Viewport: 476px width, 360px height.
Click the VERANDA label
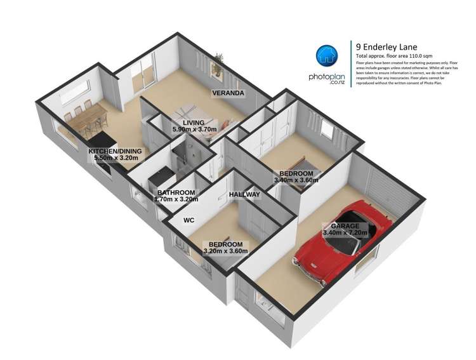(228, 93)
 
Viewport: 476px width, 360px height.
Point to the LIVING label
(194, 123)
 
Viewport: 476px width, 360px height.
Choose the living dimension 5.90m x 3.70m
(195, 130)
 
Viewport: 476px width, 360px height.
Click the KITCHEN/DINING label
(115, 151)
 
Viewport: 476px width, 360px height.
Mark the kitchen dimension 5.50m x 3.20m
(115, 158)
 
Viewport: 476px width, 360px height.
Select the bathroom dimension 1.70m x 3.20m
(176, 199)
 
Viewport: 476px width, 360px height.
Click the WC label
(188, 221)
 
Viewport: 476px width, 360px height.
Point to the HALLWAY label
(244, 194)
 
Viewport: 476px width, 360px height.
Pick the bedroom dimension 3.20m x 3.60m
(225, 251)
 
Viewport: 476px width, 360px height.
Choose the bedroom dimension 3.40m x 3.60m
(296, 180)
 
